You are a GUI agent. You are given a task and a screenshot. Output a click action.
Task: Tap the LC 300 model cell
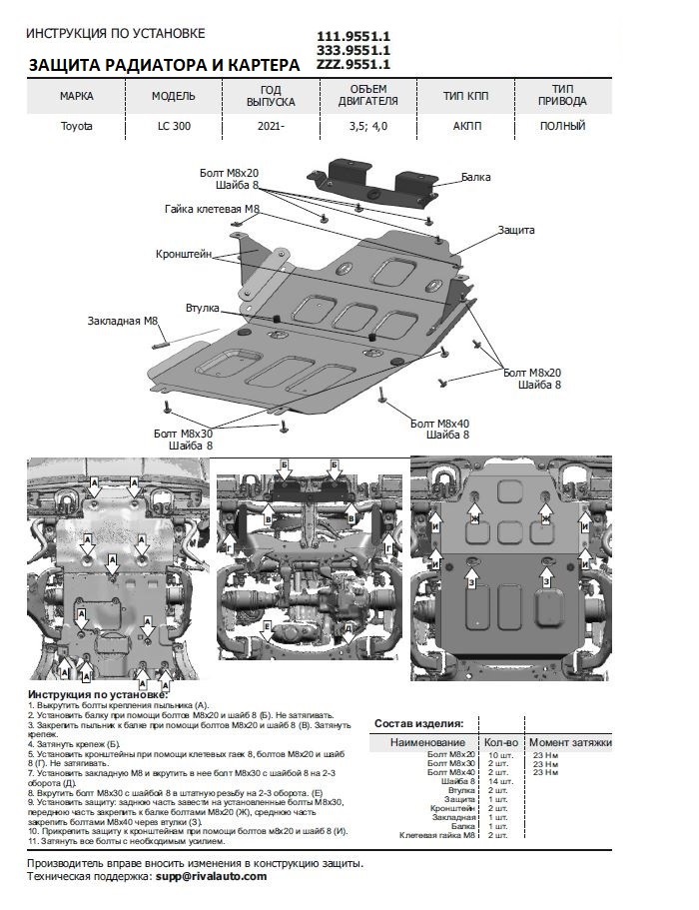(174, 126)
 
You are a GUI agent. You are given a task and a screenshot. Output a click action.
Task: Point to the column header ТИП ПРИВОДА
(562, 95)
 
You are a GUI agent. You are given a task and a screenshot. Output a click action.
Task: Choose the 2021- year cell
(270, 126)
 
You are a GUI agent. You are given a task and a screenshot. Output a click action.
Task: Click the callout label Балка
(475, 177)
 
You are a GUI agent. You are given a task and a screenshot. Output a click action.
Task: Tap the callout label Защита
(516, 230)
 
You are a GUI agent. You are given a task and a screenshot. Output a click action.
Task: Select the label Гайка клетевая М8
(212, 209)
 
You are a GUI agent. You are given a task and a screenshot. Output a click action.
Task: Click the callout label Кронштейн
(183, 255)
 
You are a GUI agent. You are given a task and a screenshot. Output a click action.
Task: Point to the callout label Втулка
(202, 308)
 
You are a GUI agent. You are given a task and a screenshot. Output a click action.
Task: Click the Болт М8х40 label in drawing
(440, 423)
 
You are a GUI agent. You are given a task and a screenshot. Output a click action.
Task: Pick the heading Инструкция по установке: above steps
(98, 693)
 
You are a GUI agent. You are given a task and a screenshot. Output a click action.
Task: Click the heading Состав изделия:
(418, 722)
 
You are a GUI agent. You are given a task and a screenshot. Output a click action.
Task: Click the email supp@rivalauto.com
(211, 875)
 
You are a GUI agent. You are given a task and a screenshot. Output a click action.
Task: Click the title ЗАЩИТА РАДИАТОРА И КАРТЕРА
(165, 65)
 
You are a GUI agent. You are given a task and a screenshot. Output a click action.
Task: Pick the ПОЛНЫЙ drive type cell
(562, 126)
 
